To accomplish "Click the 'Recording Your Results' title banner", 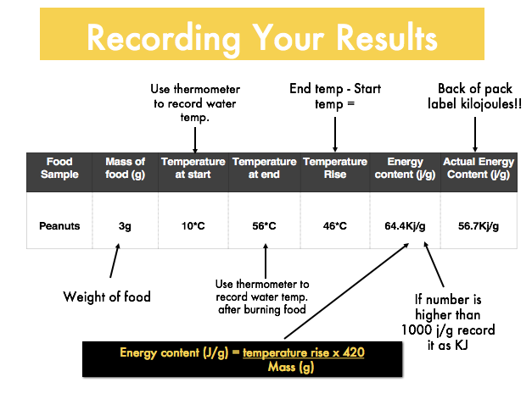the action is (x=262, y=34).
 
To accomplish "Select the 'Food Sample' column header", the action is (x=59, y=168).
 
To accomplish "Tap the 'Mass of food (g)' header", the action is (x=126, y=168).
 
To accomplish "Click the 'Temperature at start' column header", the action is (x=193, y=168).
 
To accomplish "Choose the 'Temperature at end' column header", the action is (x=265, y=168).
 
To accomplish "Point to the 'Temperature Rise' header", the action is (x=335, y=168).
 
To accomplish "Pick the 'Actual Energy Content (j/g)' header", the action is (x=479, y=168).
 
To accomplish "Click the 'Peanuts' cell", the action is (x=59, y=226).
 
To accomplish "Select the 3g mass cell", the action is (x=125, y=226).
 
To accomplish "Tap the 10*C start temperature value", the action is (x=193, y=226).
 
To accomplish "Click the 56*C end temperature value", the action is (x=264, y=226).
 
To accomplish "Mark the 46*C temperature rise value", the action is (x=335, y=226).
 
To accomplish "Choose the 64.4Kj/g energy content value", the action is (x=405, y=226).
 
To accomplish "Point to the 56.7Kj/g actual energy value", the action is (x=479, y=226).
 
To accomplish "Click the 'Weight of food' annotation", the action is (x=107, y=296).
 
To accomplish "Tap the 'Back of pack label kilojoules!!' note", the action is (x=474, y=97).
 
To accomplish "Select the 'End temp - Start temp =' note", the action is (x=335, y=97).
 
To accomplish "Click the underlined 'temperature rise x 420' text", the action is (x=303, y=353).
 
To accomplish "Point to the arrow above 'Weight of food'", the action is (x=115, y=260).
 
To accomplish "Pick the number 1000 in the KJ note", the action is (x=415, y=330).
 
